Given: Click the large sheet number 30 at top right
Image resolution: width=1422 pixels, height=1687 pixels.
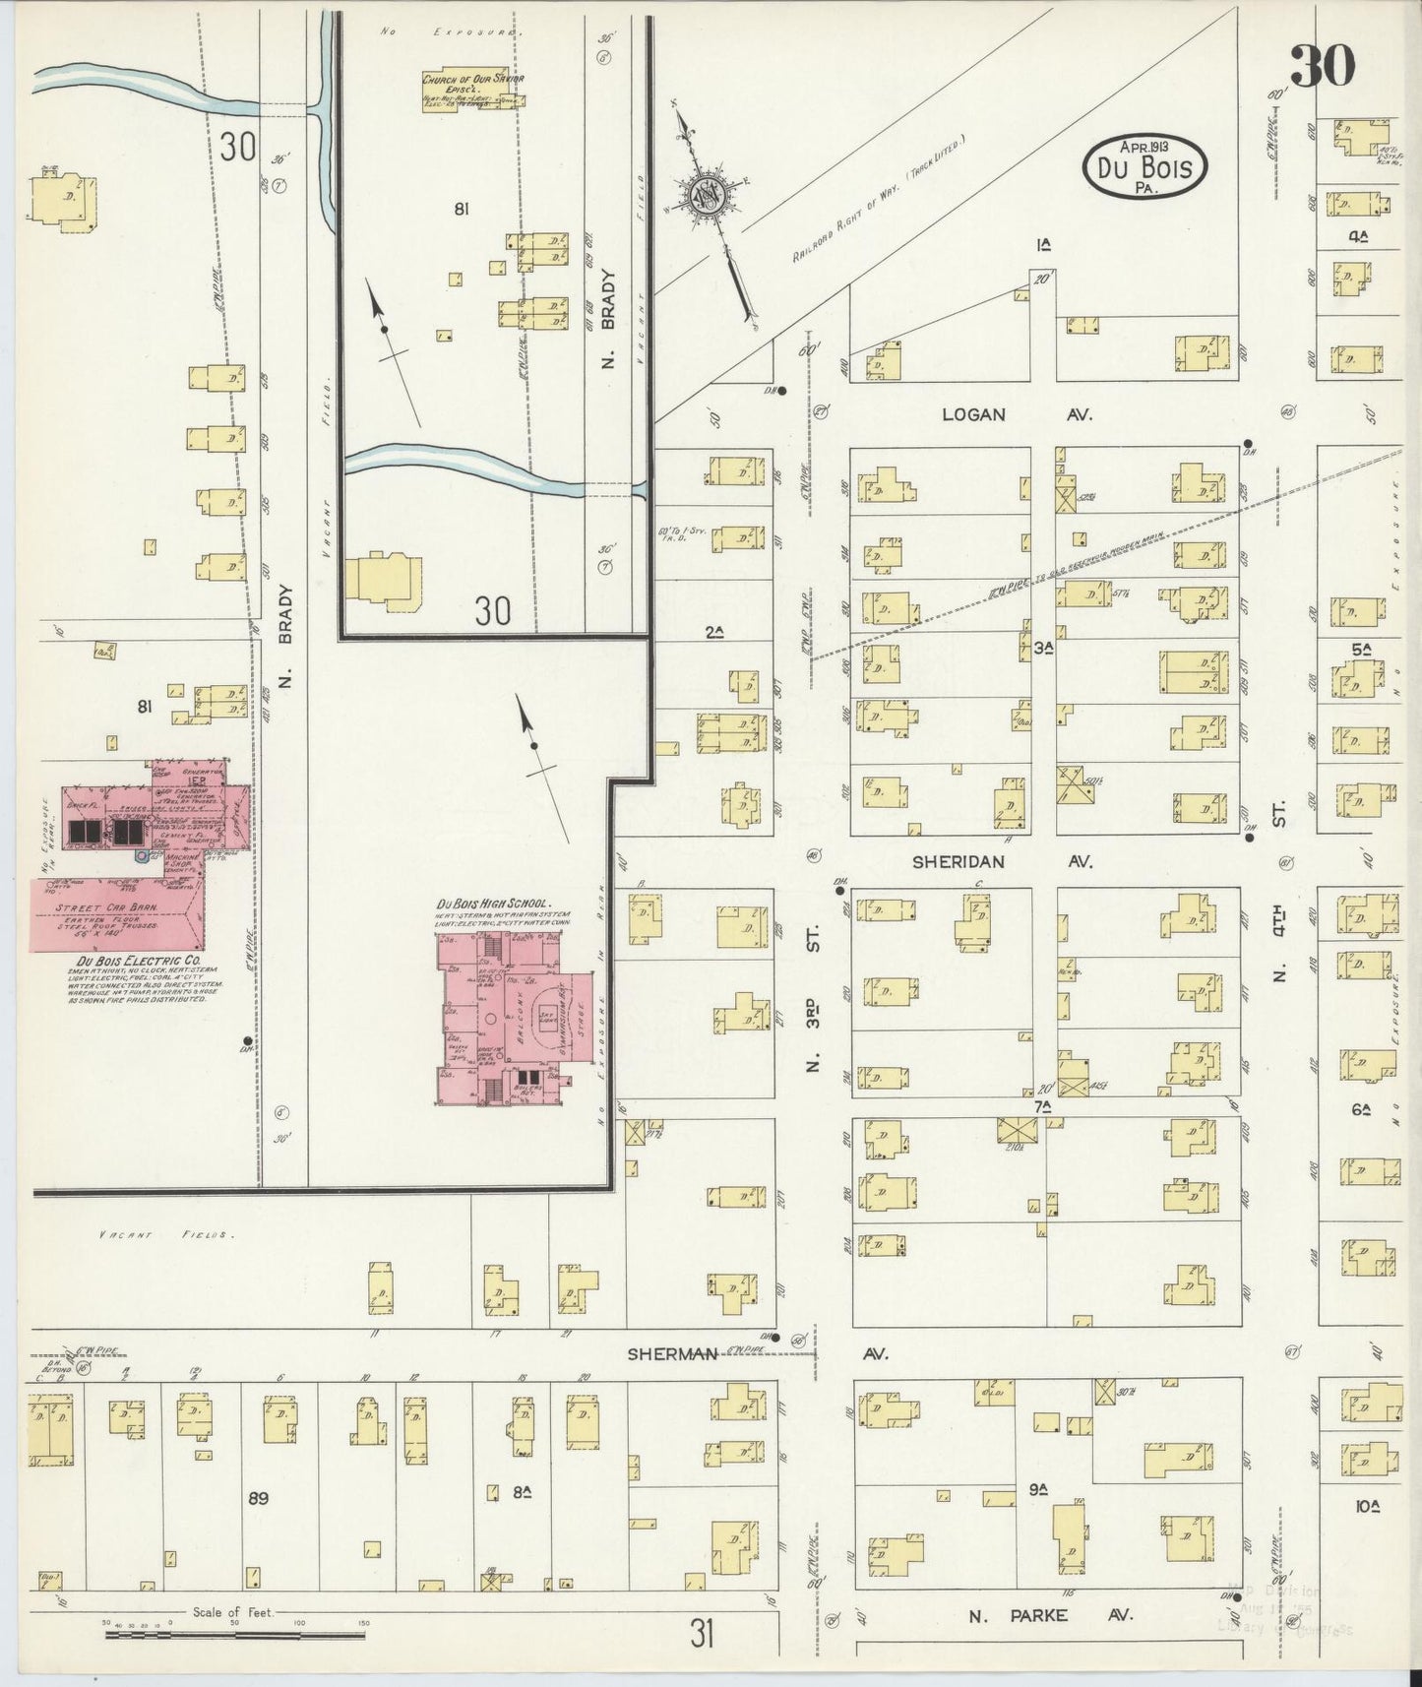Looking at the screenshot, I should (1322, 66).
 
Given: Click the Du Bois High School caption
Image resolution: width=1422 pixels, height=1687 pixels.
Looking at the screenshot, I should (493, 904).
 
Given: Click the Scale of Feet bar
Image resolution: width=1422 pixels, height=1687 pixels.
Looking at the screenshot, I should (236, 1633).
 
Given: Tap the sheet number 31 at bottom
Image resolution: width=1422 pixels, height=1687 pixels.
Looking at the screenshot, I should (701, 1635).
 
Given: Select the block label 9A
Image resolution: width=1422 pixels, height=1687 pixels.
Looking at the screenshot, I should (1036, 1490).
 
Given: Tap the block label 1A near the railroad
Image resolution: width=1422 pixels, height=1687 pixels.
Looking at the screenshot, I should (1042, 246).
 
